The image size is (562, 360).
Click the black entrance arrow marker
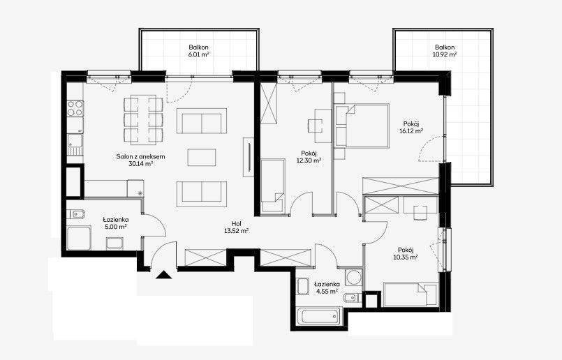point(164,275)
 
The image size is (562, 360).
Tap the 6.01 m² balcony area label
point(199,55)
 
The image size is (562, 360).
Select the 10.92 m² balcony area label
point(445,55)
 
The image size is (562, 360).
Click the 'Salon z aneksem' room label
point(140,156)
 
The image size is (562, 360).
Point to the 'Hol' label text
point(236,224)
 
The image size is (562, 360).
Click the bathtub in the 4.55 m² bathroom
point(320,316)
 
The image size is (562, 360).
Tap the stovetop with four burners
point(75,108)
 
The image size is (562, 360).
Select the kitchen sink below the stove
point(75,144)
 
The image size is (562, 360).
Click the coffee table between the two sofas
point(202,158)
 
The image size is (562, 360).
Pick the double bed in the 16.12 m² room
point(362,126)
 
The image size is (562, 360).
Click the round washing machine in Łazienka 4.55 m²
point(354,278)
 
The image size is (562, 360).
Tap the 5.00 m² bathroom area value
point(116,227)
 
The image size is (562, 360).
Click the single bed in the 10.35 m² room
point(411,295)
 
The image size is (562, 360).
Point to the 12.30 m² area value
point(309,160)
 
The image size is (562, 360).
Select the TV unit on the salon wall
point(249,157)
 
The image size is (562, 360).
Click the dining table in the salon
point(143,119)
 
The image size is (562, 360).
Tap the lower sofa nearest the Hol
point(202,194)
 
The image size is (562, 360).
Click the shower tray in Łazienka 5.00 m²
point(79,238)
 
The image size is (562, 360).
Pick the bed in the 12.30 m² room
point(273,186)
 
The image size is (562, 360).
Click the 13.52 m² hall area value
point(236,231)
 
